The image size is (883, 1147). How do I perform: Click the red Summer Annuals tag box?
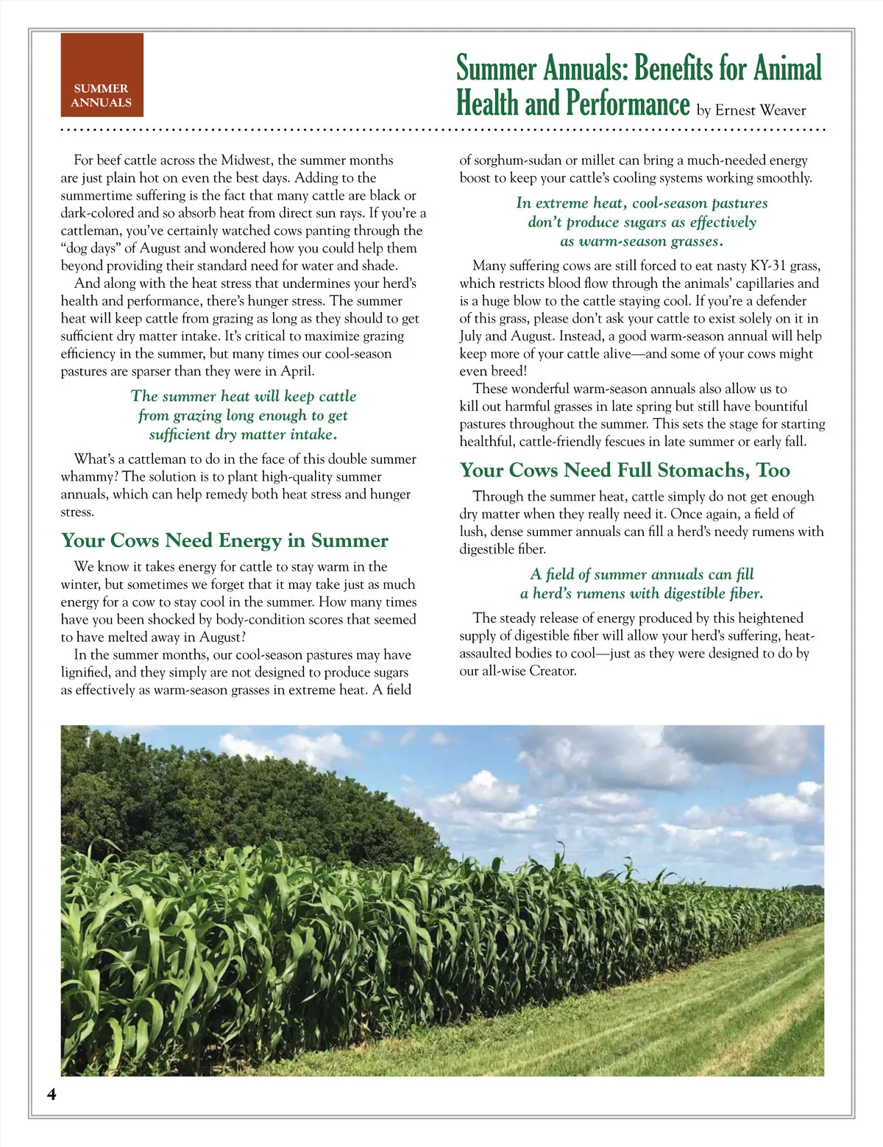tap(102, 75)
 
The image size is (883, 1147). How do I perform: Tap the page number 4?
tap(52, 1094)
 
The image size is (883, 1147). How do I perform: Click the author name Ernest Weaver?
tap(760, 110)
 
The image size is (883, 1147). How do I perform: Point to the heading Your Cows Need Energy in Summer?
tap(224, 540)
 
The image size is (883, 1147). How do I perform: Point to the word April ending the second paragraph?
tap(297, 371)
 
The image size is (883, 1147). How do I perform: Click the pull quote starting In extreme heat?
tap(642, 222)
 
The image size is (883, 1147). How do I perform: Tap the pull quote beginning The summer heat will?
tap(243, 415)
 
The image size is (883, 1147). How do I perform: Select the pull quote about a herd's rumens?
tap(642, 584)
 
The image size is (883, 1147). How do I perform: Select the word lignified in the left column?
tap(85, 672)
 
